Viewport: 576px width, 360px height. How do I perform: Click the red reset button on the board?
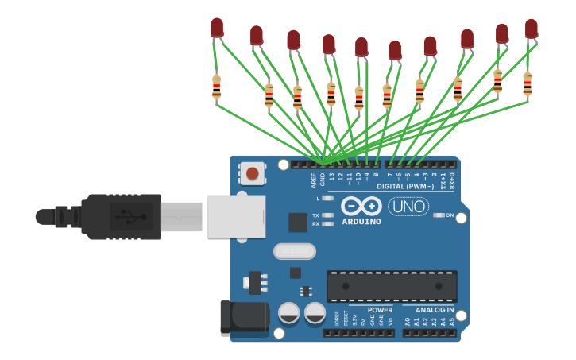pos(252,173)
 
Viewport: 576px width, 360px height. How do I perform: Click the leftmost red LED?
pos(217,29)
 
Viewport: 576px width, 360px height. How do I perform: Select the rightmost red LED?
pos(531,29)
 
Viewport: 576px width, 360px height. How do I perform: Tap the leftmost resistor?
pos(216,87)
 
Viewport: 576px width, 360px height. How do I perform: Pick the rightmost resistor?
pos(527,83)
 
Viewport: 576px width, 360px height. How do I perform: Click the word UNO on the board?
pos(408,207)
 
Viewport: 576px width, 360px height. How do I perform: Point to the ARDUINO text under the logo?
pos(361,222)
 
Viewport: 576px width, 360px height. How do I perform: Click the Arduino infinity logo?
pos(361,207)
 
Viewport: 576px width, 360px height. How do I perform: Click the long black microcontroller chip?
pos(392,286)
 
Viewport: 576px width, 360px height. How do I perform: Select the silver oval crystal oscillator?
pos(294,251)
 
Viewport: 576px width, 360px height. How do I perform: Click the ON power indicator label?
pos(450,215)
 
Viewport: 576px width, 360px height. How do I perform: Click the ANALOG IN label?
pos(435,310)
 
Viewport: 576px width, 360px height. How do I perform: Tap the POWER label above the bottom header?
pos(380,310)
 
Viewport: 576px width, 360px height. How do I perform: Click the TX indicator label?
pos(315,215)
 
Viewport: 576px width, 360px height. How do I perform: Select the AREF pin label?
pos(314,180)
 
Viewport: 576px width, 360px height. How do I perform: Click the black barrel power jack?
pos(243,315)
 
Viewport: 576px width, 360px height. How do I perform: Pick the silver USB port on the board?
pos(236,216)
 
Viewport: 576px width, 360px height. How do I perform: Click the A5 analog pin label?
pos(453,322)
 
